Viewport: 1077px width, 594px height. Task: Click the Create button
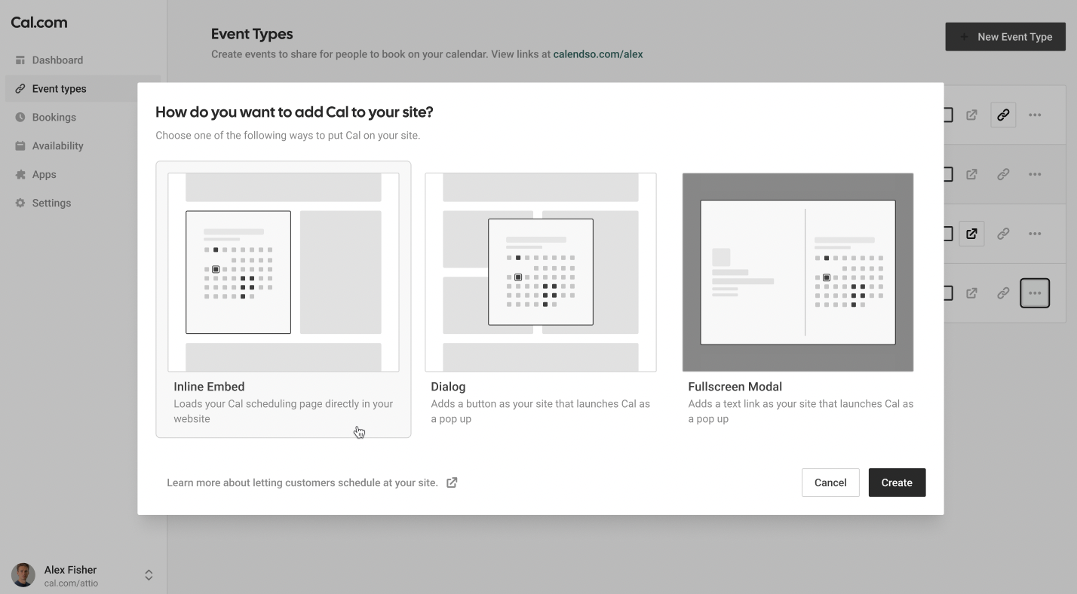[897, 482]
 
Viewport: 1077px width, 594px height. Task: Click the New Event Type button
[1005, 36]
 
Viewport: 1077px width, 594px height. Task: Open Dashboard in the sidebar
[57, 60]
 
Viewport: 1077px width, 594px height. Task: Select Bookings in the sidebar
[54, 118]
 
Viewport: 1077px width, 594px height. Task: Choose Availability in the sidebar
[57, 145]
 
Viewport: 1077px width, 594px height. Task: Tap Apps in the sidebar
[44, 174]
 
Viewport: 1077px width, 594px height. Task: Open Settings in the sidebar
[51, 203]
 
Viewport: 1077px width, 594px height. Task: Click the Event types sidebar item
[59, 89]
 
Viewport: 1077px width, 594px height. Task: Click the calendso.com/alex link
[597, 54]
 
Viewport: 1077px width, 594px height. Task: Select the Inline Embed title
[209, 387]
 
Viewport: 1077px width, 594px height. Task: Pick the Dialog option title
[448, 387]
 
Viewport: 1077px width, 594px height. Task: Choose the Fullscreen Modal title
[735, 387]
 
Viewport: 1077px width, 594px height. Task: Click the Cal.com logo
[39, 23]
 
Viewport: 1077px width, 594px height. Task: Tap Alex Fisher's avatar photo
[23, 574]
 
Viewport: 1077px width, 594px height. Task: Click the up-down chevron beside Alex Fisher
[149, 575]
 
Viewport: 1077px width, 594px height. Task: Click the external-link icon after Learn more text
[452, 482]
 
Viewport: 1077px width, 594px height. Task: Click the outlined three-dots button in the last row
[1035, 293]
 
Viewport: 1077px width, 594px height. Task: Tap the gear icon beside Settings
[20, 203]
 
